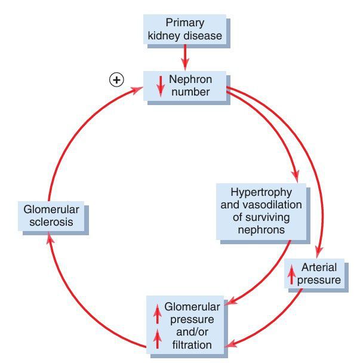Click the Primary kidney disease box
click(x=185, y=29)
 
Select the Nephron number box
click(x=185, y=85)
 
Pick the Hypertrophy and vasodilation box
click(x=262, y=211)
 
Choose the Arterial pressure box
click(x=316, y=274)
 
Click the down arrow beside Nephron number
click(x=159, y=87)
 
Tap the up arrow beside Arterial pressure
click(x=292, y=274)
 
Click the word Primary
click(x=185, y=23)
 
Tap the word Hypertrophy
click(x=262, y=192)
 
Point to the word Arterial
click(x=319, y=267)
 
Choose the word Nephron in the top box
click(x=190, y=79)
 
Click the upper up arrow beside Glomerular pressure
click(x=157, y=312)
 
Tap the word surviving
click(x=262, y=217)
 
